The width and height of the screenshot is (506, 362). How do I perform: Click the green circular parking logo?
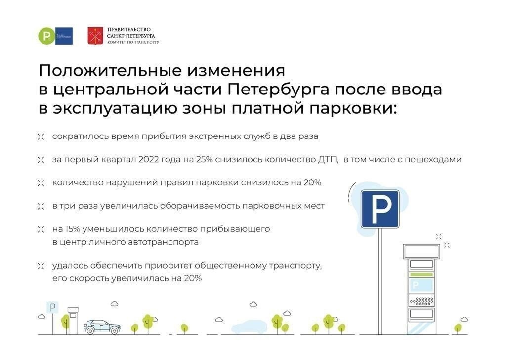47,36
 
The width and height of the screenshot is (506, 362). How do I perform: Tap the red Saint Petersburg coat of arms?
95,36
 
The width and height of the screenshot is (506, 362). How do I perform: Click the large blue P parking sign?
379,209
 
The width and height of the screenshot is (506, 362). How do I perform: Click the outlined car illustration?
102,326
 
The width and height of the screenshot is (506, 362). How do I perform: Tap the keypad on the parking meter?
421,300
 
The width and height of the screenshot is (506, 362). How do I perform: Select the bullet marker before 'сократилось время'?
41,136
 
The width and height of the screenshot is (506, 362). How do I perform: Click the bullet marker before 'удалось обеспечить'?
41,266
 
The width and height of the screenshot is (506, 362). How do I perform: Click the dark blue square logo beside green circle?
64,36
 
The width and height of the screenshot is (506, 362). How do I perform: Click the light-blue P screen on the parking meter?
421,285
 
